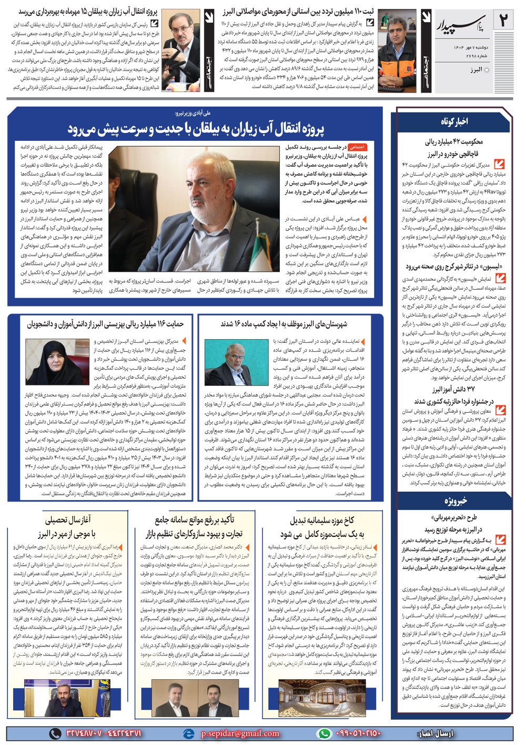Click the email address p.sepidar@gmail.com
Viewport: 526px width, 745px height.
click(x=240, y=733)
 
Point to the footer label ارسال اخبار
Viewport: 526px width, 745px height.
click(x=435, y=733)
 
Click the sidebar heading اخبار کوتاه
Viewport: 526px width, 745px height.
click(x=454, y=121)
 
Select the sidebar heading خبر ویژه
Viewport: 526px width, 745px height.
click(x=454, y=501)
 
